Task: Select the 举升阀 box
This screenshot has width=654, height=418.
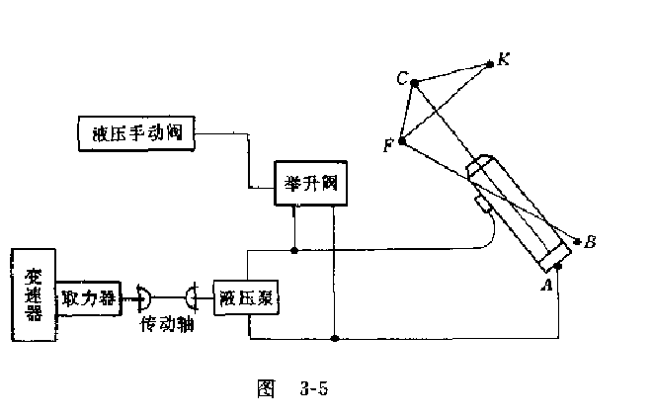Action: click(310, 184)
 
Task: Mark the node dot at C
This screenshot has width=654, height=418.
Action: click(415, 84)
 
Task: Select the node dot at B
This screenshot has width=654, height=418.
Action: click(577, 240)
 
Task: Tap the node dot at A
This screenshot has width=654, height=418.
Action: click(558, 266)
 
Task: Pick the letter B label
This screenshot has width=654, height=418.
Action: click(591, 240)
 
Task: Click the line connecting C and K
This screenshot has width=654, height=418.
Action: click(451, 74)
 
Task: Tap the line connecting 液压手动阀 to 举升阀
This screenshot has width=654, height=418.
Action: click(244, 158)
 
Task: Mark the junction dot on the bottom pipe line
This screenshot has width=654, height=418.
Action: click(336, 339)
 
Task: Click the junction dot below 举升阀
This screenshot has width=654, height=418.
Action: click(294, 251)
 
